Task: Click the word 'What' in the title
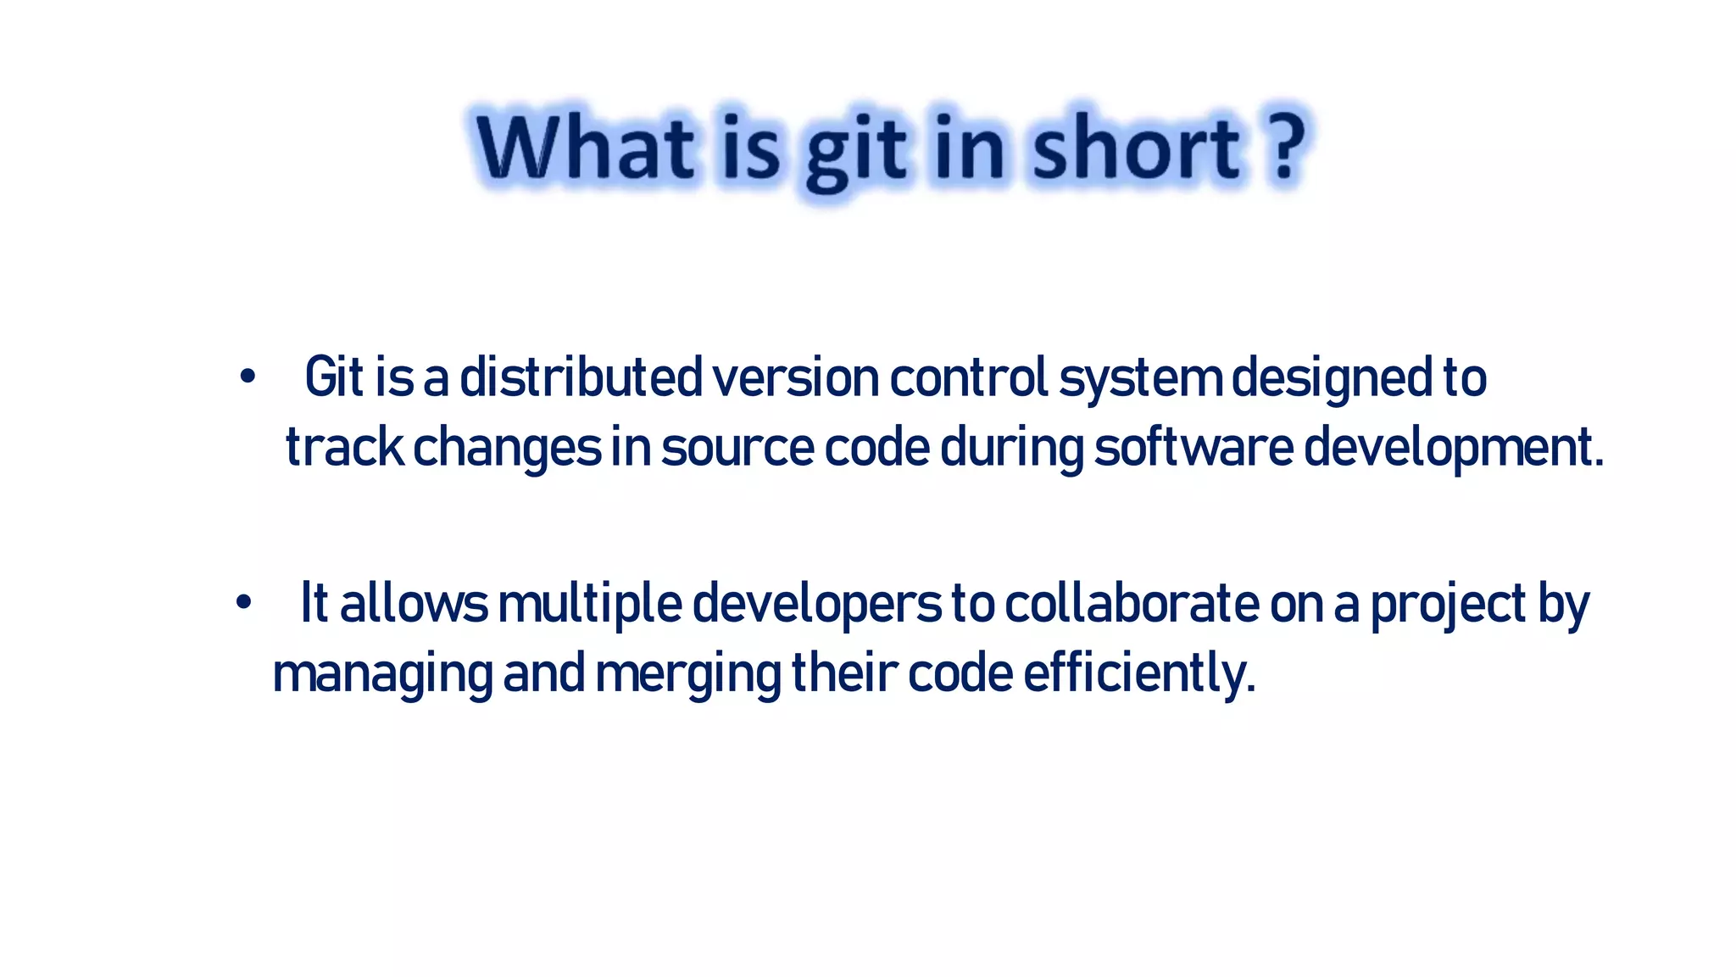tap(585, 149)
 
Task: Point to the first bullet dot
tap(247, 377)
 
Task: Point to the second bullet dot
tap(244, 603)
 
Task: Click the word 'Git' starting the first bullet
tap(334, 377)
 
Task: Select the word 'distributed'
tap(581, 377)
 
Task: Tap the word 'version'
tap(795, 377)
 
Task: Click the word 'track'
tap(344, 447)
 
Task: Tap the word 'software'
tap(1193, 447)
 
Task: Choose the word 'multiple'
tap(590, 605)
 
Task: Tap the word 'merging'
tap(687, 675)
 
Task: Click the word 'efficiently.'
tap(1138, 674)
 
